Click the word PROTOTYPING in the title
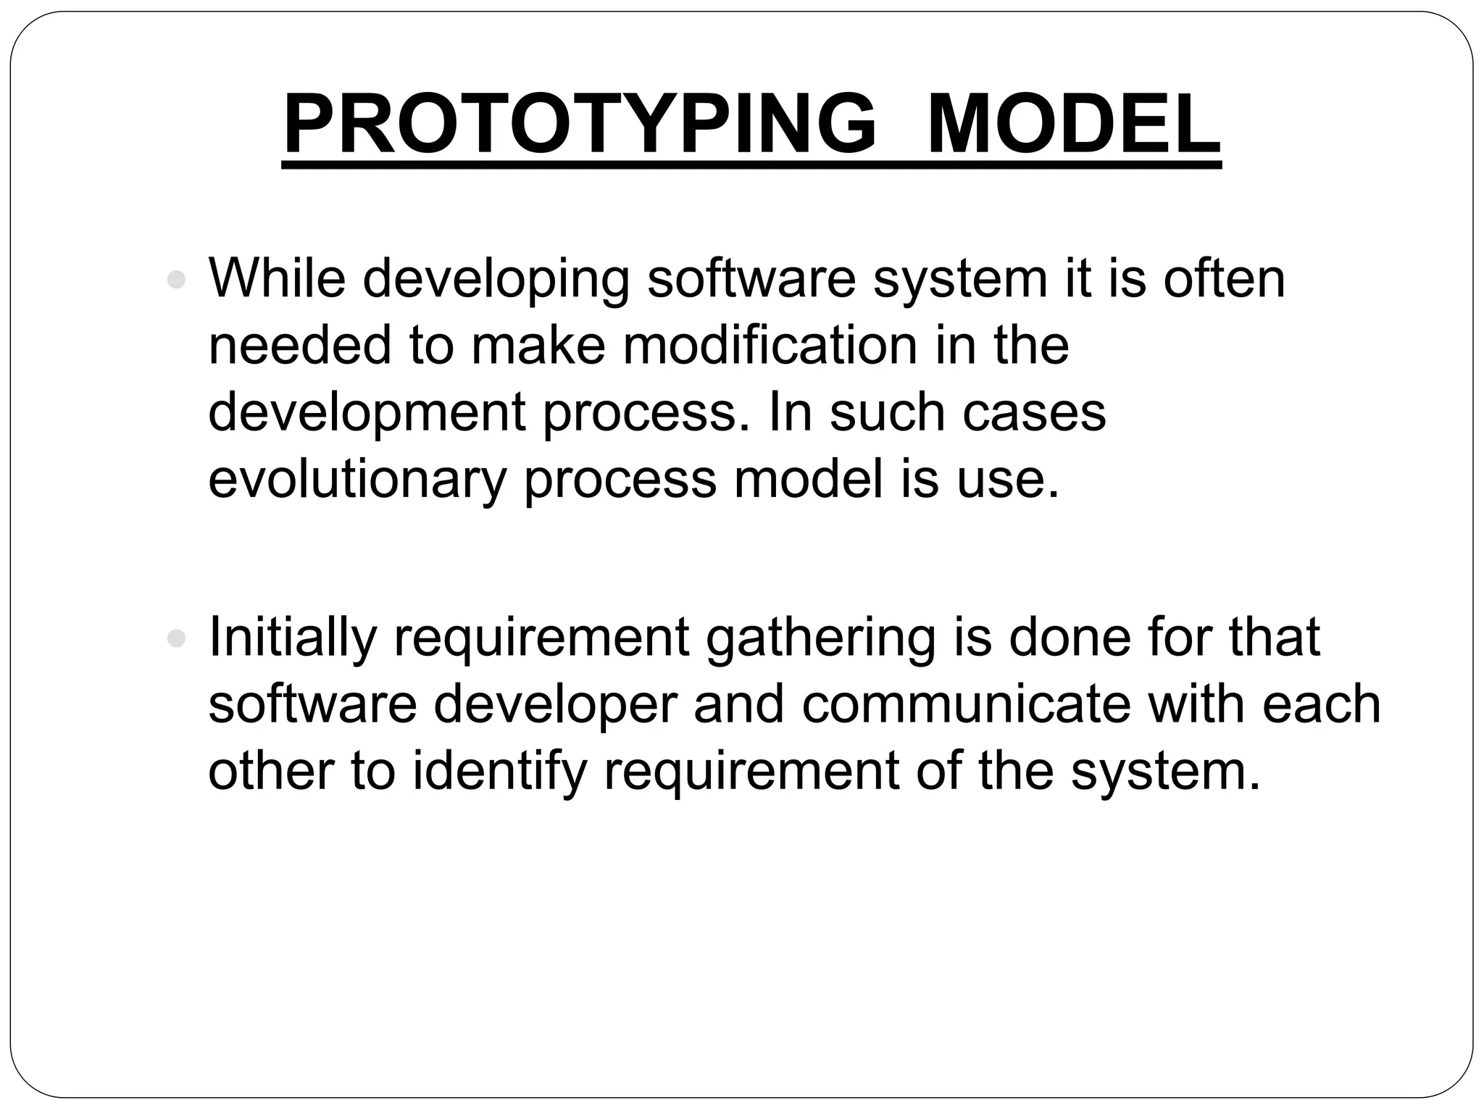tap(580, 125)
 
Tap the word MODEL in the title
tap(1073, 125)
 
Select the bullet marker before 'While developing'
tap(176, 280)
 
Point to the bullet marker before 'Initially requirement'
tap(176, 638)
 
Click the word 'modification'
tap(770, 345)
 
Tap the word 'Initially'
tap(292, 638)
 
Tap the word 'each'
tap(1322, 705)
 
